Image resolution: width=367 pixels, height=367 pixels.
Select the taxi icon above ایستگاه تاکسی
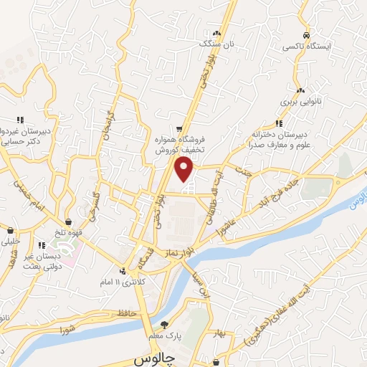point(306,35)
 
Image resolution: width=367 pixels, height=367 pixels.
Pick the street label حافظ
point(127,313)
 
